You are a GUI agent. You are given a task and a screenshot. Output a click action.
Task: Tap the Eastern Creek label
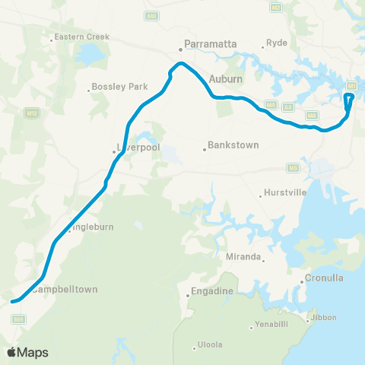pos(82,36)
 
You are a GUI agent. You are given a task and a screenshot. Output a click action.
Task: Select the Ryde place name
pos(276,43)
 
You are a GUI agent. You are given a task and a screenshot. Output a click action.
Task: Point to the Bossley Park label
pos(121,87)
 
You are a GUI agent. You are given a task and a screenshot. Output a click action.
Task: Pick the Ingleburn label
pos(90,227)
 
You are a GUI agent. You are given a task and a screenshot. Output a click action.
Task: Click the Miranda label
pos(244,257)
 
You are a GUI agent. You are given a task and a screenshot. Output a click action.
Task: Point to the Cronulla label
pos(324,278)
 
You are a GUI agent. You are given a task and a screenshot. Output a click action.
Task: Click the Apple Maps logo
pos(28,353)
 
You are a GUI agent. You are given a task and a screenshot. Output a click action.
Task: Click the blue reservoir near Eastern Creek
pos(89,54)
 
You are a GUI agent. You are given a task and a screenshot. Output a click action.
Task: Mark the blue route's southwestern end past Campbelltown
pos(12,301)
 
